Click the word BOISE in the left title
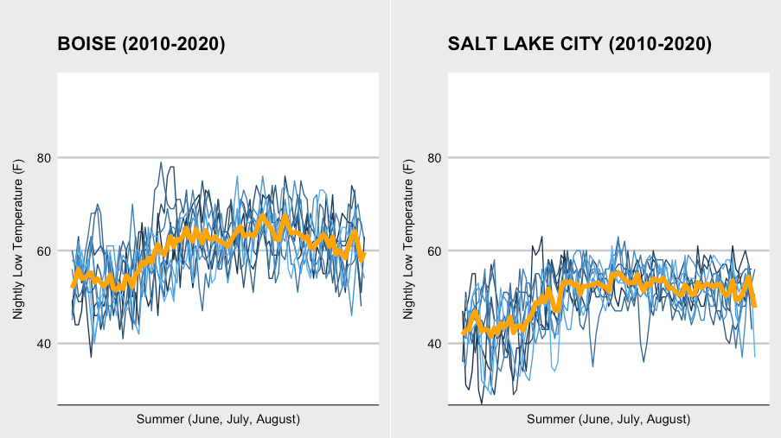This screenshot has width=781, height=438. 83,45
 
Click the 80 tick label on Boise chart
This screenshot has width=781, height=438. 45,158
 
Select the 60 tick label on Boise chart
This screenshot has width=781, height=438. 45,251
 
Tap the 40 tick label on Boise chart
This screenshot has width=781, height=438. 45,344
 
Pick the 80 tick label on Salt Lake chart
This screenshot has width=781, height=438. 436,158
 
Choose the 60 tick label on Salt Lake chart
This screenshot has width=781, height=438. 436,251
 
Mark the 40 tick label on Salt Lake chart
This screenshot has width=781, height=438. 436,344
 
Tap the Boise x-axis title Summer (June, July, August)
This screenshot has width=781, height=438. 218,419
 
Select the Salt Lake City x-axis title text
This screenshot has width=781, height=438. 609,419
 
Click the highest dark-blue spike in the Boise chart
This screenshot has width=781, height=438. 161,162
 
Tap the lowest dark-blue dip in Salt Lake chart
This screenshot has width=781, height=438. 483,403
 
